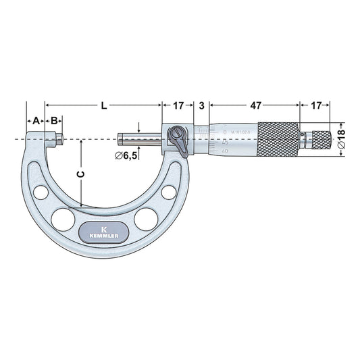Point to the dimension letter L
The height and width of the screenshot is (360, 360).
(103, 106)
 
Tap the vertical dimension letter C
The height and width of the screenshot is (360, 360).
(81, 174)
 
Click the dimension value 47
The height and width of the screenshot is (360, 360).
(256, 106)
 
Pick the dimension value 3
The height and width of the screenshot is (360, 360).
(202, 106)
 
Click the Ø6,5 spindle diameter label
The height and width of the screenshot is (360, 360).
(127, 156)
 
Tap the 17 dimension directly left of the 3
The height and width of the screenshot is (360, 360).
(178, 106)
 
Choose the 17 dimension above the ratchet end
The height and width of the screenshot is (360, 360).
(315, 106)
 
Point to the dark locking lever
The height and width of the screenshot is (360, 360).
(178, 140)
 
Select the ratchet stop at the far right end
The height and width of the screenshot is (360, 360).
(318, 140)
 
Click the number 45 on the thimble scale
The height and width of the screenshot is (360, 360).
(224, 143)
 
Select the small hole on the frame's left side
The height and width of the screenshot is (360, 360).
(38, 192)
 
